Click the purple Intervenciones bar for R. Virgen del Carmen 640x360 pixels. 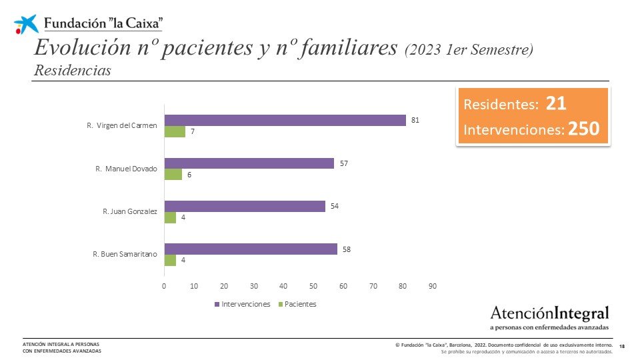coord(285,121)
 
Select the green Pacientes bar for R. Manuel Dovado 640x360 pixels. coord(173,174)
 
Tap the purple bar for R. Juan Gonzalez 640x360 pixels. coord(245,206)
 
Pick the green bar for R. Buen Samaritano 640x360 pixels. coord(170,260)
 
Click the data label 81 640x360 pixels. coord(415,120)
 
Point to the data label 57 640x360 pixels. coord(344,163)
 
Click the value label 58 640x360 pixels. coord(347,249)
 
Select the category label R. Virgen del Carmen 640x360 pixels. coord(123,126)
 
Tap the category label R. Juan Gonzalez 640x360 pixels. coord(130,211)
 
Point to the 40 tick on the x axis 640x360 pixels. coord(283,286)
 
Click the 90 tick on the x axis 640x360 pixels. coord(433,286)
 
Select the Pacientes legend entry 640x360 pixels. coord(297,304)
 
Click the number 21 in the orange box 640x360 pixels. coord(556,104)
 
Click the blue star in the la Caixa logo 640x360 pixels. coord(27,24)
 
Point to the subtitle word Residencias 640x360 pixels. coord(72,70)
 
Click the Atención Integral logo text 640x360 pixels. coord(549,313)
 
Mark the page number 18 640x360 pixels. coord(622,346)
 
